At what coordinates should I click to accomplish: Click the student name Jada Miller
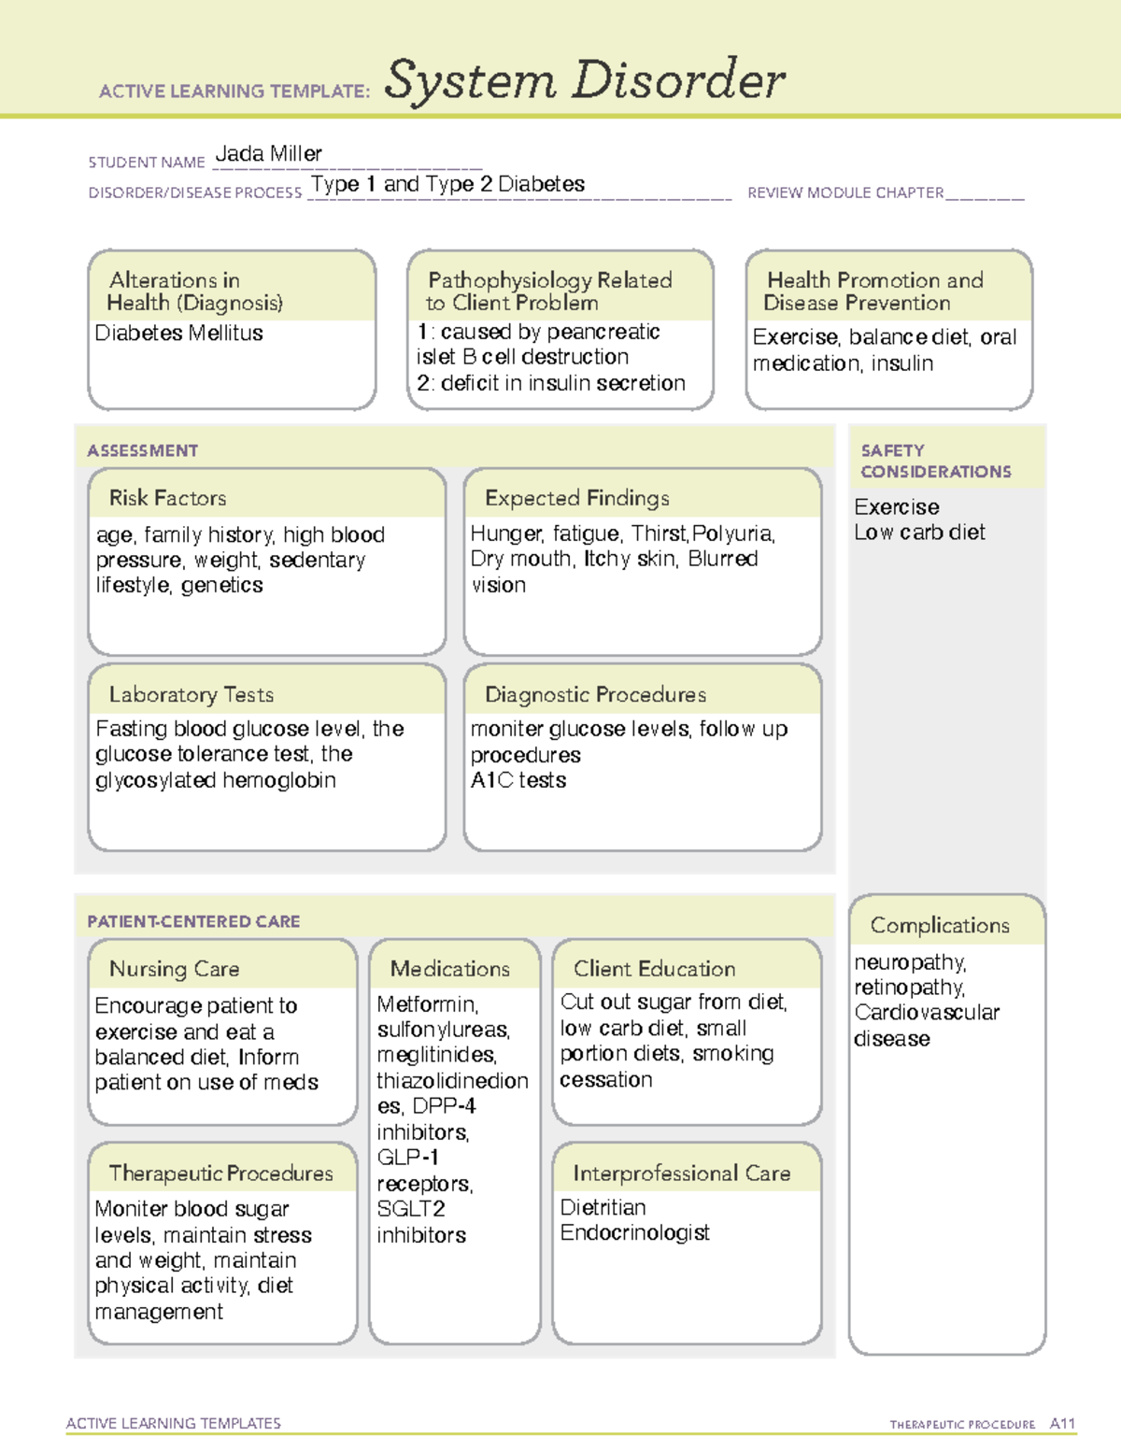pyautogui.click(x=268, y=154)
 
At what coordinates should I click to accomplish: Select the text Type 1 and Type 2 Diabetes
pyautogui.click(x=447, y=184)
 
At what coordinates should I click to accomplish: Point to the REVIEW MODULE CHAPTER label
pyautogui.click(x=844, y=193)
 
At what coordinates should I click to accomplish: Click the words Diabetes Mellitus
pyautogui.click(x=178, y=334)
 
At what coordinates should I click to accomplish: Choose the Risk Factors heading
pyautogui.click(x=167, y=498)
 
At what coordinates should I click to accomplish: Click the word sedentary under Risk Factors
pyautogui.click(x=317, y=560)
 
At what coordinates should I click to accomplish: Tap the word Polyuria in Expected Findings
pyautogui.click(x=733, y=533)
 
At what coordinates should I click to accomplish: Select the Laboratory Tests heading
pyautogui.click(x=191, y=694)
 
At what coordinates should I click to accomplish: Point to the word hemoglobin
pyautogui.click(x=276, y=780)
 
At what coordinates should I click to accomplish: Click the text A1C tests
pyautogui.click(x=518, y=780)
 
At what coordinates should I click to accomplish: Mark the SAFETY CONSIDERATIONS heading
pyautogui.click(x=935, y=461)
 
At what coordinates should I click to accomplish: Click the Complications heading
pyautogui.click(x=939, y=925)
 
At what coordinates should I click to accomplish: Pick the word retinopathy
pyautogui.click(x=909, y=988)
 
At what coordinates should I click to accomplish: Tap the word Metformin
pyautogui.click(x=427, y=1004)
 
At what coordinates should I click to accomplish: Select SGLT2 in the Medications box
pyautogui.click(x=410, y=1208)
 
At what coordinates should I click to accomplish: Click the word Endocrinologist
pyautogui.click(x=634, y=1233)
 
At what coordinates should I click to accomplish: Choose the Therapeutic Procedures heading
pyautogui.click(x=220, y=1173)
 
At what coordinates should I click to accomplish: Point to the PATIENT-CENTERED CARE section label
pyautogui.click(x=193, y=921)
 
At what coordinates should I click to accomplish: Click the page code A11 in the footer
pyautogui.click(x=1062, y=1424)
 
